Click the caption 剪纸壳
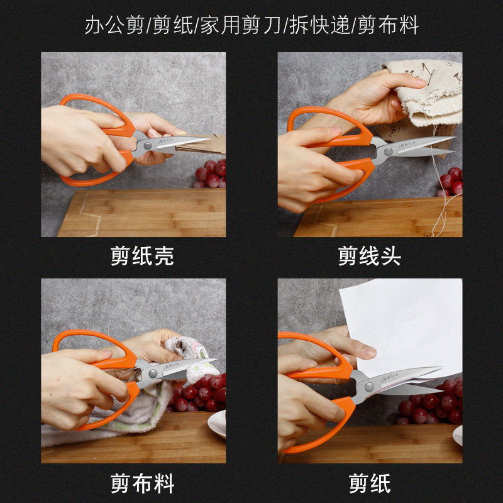[x=142, y=256]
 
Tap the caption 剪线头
[x=370, y=256]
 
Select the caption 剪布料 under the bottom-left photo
[x=142, y=484]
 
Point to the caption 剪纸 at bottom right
[x=370, y=484]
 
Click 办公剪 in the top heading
[x=114, y=25]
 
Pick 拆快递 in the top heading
[x=319, y=25]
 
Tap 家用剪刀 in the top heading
[x=241, y=25]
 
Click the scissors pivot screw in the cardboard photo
[x=148, y=146]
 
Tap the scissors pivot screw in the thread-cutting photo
[x=388, y=152]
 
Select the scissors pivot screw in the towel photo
[x=153, y=373]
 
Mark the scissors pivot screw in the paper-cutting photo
[x=369, y=387]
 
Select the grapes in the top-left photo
[x=211, y=174]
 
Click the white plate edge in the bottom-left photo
[x=217, y=423]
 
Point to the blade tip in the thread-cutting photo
[x=455, y=137]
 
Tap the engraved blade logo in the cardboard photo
[x=164, y=140]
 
